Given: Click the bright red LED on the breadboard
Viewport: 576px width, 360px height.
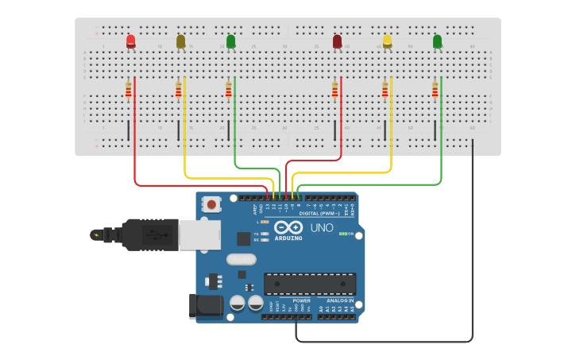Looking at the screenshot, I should click(x=131, y=41).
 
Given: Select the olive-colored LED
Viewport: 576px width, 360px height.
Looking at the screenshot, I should click(x=181, y=41).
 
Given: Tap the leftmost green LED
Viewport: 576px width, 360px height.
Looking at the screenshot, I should click(x=230, y=41).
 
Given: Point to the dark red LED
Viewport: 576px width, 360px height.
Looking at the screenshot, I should click(x=337, y=41).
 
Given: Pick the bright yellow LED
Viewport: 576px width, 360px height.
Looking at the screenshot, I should click(x=387, y=41).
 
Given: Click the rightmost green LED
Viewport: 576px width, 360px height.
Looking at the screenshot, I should click(x=437, y=41).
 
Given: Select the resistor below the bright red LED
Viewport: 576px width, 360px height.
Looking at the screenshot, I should click(x=129, y=91).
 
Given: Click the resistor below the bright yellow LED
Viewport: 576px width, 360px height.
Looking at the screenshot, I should click(x=385, y=90).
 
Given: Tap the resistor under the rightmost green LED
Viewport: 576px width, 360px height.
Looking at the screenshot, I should click(x=435, y=90).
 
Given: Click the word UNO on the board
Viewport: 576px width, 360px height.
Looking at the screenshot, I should click(x=321, y=228).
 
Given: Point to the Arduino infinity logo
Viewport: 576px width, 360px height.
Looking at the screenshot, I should click(x=288, y=227).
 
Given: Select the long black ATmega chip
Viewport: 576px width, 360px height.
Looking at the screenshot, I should click(x=310, y=284).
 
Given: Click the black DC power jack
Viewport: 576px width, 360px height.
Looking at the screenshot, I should click(x=203, y=306).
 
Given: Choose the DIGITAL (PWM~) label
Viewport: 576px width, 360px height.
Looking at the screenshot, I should click(x=319, y=214).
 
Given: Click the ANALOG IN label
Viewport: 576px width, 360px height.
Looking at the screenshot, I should click(x=339, y=300).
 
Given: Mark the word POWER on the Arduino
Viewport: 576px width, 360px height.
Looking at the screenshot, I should click(x=301, y=300).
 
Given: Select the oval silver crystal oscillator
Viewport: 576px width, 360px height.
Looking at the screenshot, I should click(x=241, y=259).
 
